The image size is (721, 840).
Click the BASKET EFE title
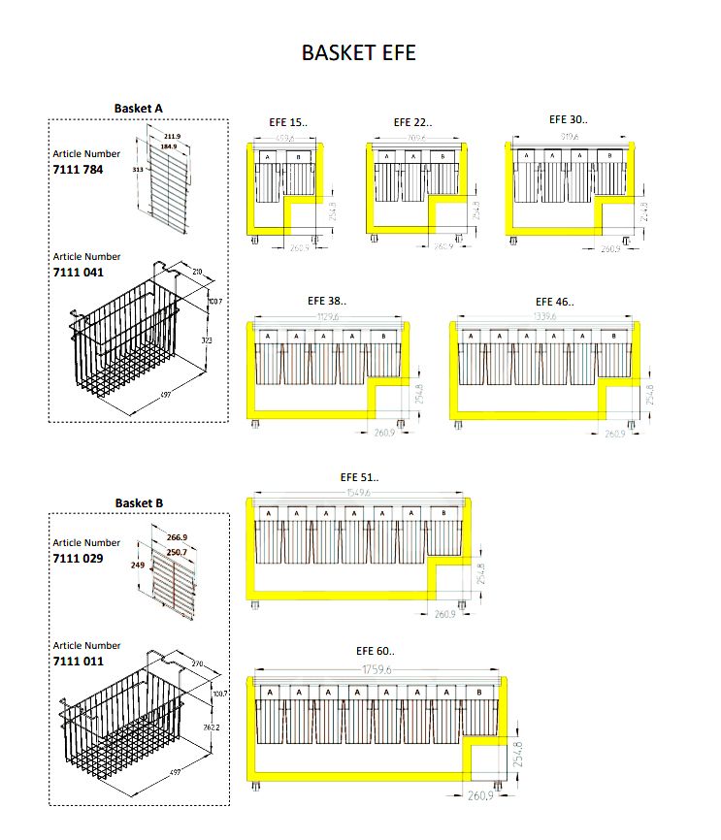click(x=358, y=52)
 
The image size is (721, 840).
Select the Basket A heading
click(x=139, y=108)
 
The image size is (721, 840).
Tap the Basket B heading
click(x=139, y=502)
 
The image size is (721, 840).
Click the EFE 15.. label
click(x=287, y=123)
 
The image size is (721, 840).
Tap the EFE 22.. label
click(x=412, y=123)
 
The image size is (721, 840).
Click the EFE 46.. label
click(x=554, y=302)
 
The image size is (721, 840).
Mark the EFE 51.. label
click(x=359, y=477)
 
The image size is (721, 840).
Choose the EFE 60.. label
click(x=376, y=651)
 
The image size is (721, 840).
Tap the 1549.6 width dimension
click(x=359, y=494)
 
